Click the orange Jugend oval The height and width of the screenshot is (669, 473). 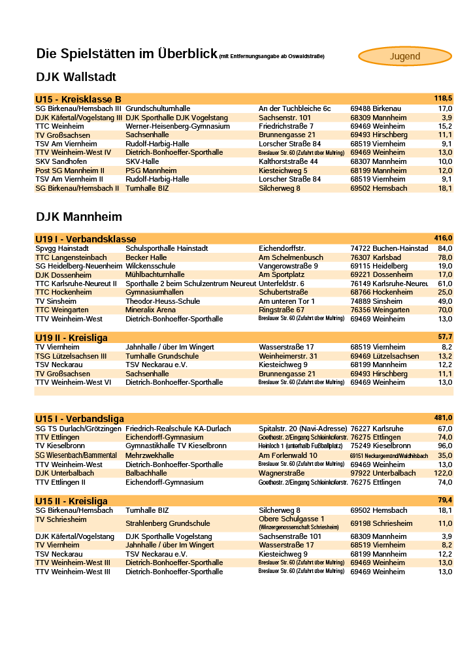405,56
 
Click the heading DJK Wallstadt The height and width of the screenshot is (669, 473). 76,77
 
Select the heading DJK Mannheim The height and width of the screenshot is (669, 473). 79,217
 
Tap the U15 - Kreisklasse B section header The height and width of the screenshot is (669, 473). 78,99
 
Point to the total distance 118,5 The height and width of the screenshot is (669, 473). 443,98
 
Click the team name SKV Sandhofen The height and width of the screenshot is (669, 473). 61,161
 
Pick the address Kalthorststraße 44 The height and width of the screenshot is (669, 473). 288,161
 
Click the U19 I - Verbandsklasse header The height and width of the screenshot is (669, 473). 86,239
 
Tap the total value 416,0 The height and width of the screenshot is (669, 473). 443,238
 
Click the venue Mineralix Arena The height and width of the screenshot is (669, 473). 151,310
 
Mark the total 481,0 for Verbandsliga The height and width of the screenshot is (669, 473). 443,417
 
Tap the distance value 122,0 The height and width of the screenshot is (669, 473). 443,473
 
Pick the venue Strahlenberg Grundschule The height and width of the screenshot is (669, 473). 168,523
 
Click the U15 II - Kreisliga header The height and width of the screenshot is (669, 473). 72,501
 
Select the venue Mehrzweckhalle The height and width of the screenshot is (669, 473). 150,455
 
